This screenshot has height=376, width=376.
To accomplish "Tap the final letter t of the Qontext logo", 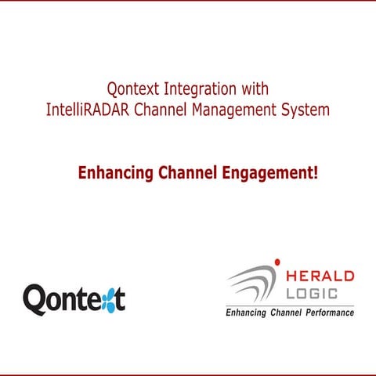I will point(121,298).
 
